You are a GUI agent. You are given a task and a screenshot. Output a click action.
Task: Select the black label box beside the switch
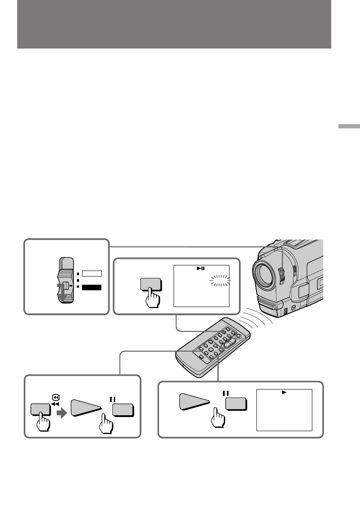click(x=92, y=288)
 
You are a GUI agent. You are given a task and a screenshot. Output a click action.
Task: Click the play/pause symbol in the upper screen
click(x=201, y=269)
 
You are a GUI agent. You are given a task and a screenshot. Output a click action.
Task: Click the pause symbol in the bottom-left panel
click(x=113, y=399)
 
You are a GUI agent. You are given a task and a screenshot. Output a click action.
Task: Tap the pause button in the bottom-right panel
click(x=236, y=404)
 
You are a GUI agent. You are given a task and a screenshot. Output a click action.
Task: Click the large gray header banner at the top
click(x=174, y=24)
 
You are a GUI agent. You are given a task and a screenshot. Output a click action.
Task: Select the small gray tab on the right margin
click(x=348, y=127)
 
